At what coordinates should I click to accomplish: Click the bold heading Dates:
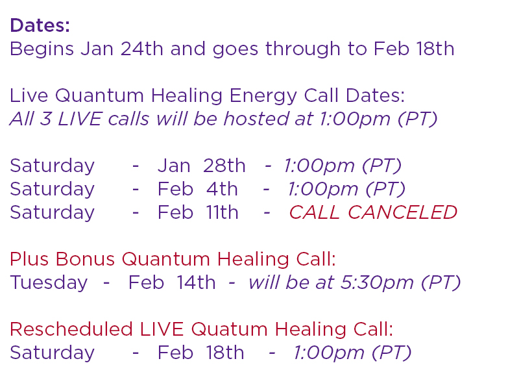pyautogui.click(x=40, y=25)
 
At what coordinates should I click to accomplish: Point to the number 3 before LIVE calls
pyautogui.click(x=45, y=119)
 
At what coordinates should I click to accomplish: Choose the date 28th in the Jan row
pyautogui.click(x=224, y=166)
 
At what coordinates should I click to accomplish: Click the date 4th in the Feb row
pyautogui.click(x=222, y=189)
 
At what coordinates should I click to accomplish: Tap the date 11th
pyautogui.click(x=223, y=212)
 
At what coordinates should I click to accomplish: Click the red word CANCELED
pyautogui.click(x=402, y=212)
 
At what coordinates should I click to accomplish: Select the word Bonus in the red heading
pyautogui.click(x=85, y=259)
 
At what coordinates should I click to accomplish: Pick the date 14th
pyautogui.click(x=196, y=282)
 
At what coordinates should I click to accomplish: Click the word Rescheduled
pyautogui.click(x=71, y=329)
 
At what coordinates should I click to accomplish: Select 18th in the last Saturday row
pyautogui.click(x=225, y=353)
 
